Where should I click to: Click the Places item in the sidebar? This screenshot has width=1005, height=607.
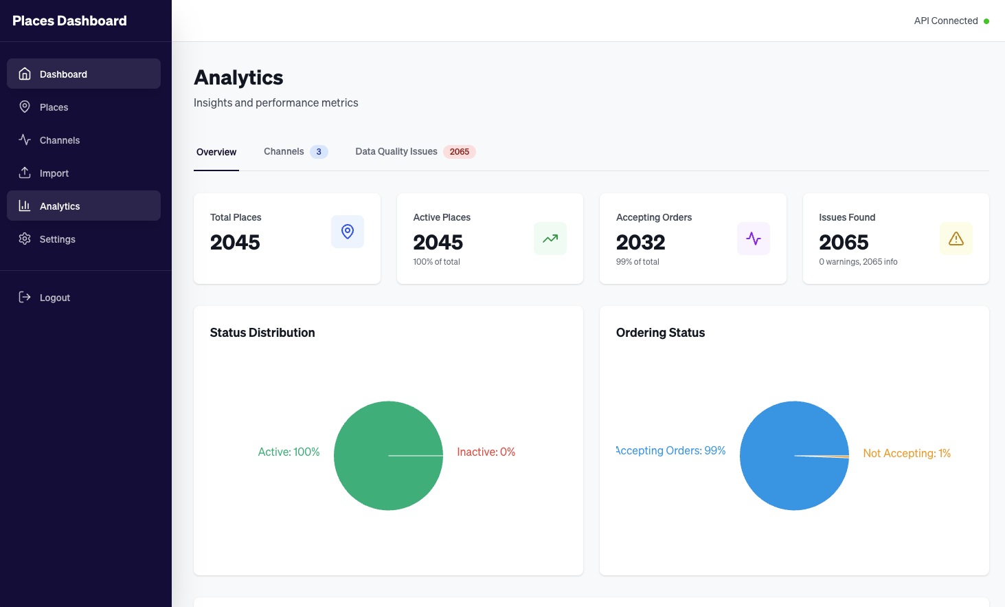click(x=54, y=107)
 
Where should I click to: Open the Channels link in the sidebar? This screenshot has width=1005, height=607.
click(x=59, y=140)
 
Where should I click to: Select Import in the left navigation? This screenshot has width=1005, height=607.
click(x=54, y=173)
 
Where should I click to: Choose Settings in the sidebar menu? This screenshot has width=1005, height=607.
click(x=57, y=239)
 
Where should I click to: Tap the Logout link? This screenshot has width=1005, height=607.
click(x=54, y=298)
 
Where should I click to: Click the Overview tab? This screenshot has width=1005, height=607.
click(x=216, y=152)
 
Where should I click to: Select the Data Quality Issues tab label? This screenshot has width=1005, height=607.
click(x=396, y=151)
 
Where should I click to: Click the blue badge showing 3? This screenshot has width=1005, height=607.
click(x=319, y=152)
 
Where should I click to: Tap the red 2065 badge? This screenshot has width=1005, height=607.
click(x=460, y=152)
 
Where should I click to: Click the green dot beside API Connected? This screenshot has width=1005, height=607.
click(x=986, y=21)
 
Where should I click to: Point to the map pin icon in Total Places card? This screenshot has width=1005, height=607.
click(x=348, y=232)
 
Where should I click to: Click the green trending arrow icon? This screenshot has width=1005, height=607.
click(x=550, y=239)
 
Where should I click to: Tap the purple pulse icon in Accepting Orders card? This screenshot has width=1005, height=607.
click(x=754, y=239)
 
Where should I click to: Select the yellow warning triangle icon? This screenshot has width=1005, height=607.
click(x=956, y=239)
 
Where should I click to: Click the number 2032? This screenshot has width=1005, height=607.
click(x=641, y=242)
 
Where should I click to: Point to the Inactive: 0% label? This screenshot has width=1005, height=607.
click(x=486, y=452)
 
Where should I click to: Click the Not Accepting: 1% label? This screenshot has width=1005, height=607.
click(x=907, y=453)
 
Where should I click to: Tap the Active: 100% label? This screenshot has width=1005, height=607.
click(x=289, y=452)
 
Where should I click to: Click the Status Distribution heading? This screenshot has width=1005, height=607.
click(x=262, y=333)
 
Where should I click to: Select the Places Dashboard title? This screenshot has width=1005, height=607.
click(x=69, y=21)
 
